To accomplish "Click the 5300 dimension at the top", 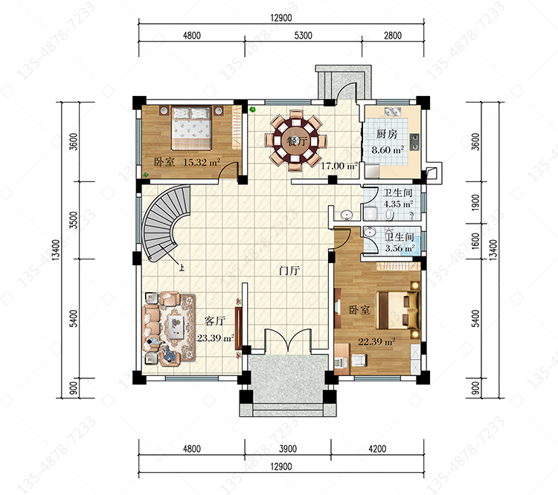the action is pyautogui.click(x=304, y=36).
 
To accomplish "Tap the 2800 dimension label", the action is pyautogui.click(x=393, y=36).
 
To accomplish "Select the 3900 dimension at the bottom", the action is pyautogui.click(x=287, y=449).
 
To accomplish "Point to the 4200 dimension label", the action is pyautogui.click(x=377, y=449).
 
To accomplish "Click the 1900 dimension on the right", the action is pyautogui.click(x=475, y=202).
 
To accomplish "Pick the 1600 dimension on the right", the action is pyautogui.click(x=475, y=241).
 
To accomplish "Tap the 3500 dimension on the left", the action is pyautogui.click(x=74, y=220).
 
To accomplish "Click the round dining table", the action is pyautogui.click(x=295, y=140).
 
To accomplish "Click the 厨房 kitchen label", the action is pyautogui.click(x=387, y=134).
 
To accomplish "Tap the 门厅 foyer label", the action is pyautogui.click(x=289, y=271).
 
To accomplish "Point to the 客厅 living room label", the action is pyautogui.click(x=214, y=321).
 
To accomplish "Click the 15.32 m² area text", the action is pyautogui.click(x=202, y=162).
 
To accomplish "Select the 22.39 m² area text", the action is pyautogui.click(x=376, y=341).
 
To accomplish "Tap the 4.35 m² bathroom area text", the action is pyautogui.click(x=398, y=204).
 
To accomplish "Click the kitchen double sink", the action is pyautogui.click(x=393, y=111).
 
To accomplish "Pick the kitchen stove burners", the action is pyautogui.click(x=414, y=142).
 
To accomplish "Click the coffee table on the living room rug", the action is pyautogui.click(x=176, y=327).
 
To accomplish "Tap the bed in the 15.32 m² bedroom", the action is pyautogui.click(x=191, y=128).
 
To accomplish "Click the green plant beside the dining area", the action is pyautogui.click(x=252, y=109).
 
